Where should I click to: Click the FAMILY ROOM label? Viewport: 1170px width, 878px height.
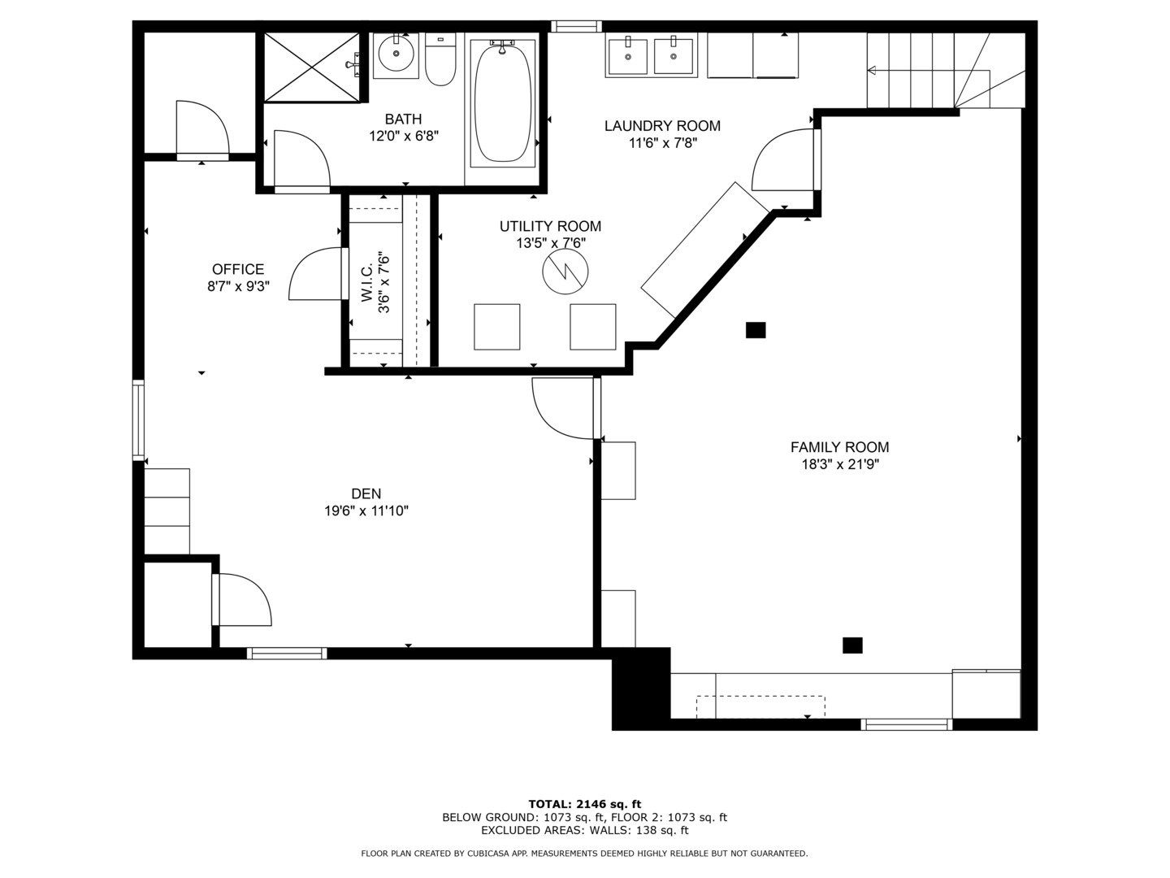click(x=839, y=447)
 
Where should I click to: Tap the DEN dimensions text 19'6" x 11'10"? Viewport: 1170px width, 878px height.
click(x=366, y=511)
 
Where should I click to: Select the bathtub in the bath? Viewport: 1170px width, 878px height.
click(x=502, y=103)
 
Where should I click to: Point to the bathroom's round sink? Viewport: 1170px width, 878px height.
click(x=396, y=54)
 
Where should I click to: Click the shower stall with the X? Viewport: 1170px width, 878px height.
click(x=311, y=67)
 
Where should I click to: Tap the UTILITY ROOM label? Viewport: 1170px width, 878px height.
click(x=550, y=226)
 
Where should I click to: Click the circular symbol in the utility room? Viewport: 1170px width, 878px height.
click(x=565, y=271)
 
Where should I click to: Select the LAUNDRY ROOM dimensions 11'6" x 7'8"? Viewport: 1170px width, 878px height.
click(x=663, y=143)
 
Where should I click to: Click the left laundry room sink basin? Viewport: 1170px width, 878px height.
click(x=628, y=55)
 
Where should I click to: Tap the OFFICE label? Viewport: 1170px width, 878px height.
click(x=238, y=269)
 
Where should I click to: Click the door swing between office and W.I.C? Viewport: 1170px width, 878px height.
click(x=315, y=275)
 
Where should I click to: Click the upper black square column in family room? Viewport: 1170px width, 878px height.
click(x=756, y=330)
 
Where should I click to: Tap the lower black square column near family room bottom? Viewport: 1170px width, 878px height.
click(x=852, y=645)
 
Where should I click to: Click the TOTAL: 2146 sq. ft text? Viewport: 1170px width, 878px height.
click(x=584, y=805)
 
